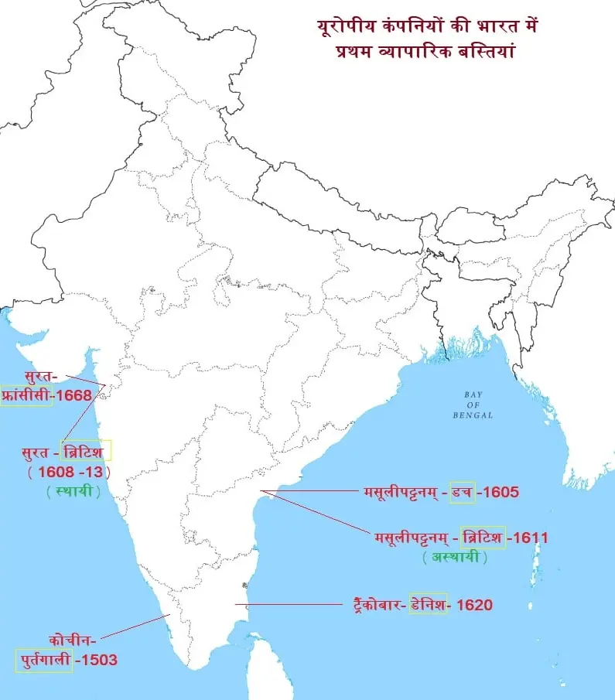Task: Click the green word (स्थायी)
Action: (73, 490)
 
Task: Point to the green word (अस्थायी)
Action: (451, 557)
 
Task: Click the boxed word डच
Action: (462, 491)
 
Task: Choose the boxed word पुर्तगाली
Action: (44, 661)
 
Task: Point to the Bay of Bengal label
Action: (473, 405)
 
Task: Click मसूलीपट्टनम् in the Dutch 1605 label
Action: (401, 491)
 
